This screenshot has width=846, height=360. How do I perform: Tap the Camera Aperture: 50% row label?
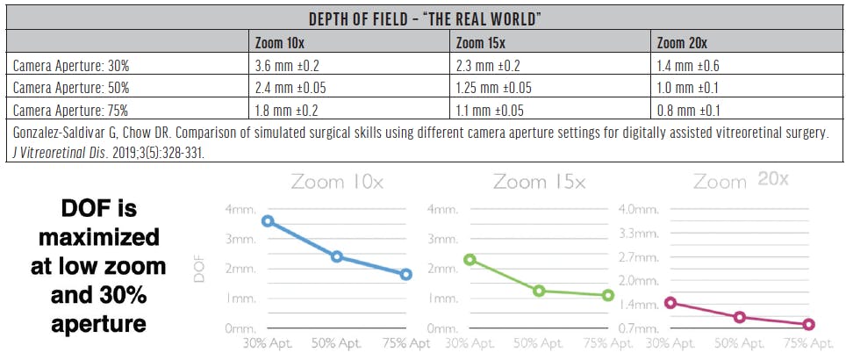click(x=71, y=87)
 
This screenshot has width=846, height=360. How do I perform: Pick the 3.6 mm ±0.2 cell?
click(x=287, y=64)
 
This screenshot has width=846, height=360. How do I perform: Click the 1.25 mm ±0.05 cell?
click(x=494, y=87)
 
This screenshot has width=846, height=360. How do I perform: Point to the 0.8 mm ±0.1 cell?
click(x=691, y=110)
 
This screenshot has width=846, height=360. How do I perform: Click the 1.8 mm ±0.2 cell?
click(x=287, y=110)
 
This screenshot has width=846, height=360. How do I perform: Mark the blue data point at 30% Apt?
click(x=268, y=221)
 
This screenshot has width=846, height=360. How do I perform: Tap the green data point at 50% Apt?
click(x=539, y=291)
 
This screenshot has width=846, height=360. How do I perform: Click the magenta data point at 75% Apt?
click(x=808, y=325)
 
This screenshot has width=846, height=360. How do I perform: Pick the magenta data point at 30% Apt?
click(x=670, y=303)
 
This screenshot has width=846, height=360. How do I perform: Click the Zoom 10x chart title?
click(x=336, y=183)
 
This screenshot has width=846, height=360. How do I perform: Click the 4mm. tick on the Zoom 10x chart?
click(x=236, y=208)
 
